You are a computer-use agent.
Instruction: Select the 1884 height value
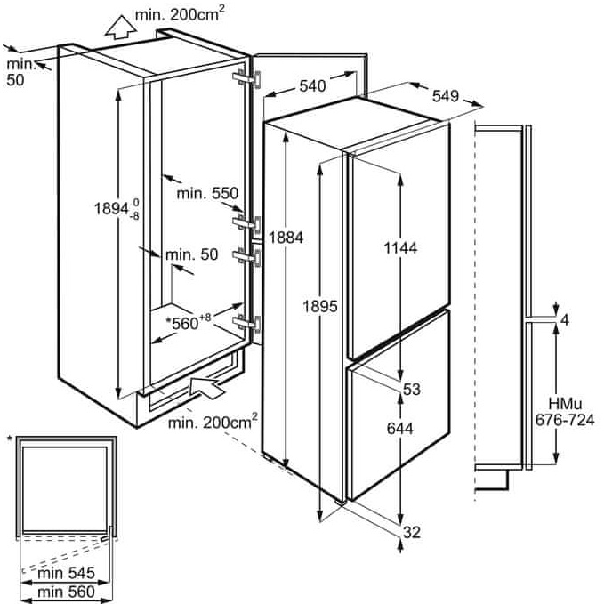286,238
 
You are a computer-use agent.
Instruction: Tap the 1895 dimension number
319,306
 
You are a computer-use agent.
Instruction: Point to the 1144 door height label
400,248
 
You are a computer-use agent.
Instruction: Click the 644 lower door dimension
399,429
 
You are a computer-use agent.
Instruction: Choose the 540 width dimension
312,86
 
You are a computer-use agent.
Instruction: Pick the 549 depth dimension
446,96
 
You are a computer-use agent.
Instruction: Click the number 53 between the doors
411,389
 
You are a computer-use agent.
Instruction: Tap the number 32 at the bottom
411,532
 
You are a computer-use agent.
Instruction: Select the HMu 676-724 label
565,412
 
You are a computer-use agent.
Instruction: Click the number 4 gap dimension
565,319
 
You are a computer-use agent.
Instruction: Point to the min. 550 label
207,193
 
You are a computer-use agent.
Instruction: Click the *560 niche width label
188,322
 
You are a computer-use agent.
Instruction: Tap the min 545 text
66,573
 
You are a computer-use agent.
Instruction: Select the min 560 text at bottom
66,592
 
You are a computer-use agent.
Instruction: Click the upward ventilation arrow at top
121,28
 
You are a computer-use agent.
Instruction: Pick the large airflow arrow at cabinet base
206,388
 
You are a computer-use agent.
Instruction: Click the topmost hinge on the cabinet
247,78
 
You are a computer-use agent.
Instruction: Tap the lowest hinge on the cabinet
247,323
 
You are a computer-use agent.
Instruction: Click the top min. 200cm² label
180,14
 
